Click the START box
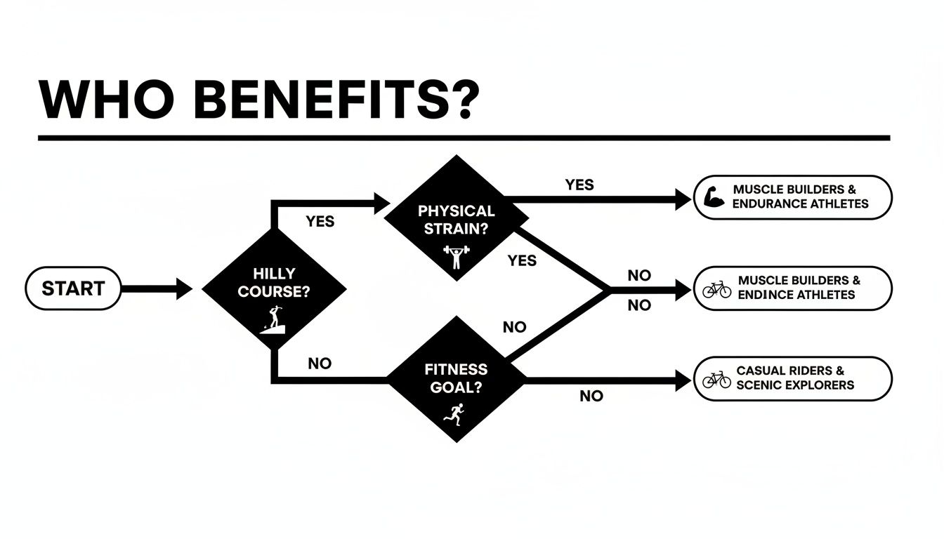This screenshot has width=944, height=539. [x=73, y=288]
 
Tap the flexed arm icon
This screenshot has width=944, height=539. [x=714, y=197]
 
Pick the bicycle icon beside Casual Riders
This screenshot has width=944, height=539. [x=716, y=380]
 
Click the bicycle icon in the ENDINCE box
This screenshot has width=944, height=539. [x=716, y=288]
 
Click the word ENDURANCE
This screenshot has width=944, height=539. [x=773, y=204]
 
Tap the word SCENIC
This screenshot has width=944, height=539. [x=759, y=385]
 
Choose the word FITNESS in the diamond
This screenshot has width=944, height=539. [x=456, y=369]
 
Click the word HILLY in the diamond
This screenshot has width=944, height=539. [x=274, y=274]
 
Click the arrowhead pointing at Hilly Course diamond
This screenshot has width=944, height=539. [x=184, y=288]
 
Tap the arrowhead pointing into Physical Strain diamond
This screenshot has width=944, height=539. [x=382, y=204]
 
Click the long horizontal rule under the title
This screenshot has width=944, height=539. [x=464, y=138]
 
